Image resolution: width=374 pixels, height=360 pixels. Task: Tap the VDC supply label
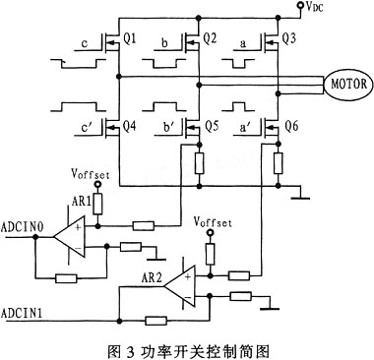pyautogui.click(x=317, y=7)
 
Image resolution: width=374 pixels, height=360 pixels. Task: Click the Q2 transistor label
pyautogui.click(x=208, y=39)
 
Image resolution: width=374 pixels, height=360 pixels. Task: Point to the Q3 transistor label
pyautogui.click(x=288, y=39)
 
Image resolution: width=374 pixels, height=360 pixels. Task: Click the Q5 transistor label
pyautogui.click(x=209, y=127)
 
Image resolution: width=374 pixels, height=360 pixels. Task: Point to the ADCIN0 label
pyautogui.click(x=24, y=225)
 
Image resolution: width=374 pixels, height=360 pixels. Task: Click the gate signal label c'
pyautogui.click(x=88, y=127)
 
